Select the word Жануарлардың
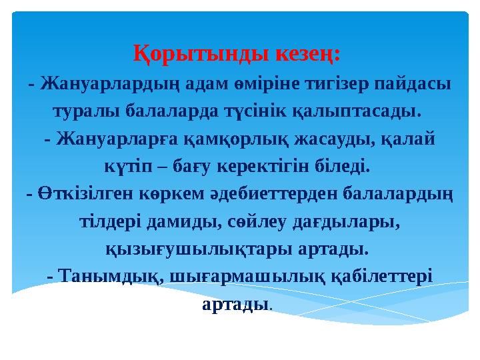point(105,85)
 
